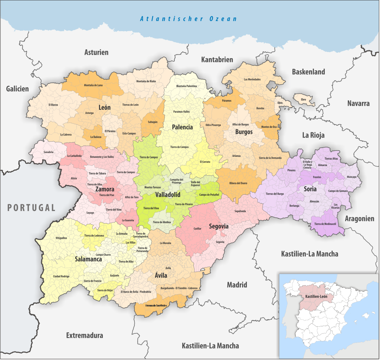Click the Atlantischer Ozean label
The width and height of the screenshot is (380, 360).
click(x=188, y=19)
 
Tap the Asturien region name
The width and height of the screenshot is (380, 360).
click(x=96, y=52)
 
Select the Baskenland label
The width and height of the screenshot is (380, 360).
click(x=308, y=72)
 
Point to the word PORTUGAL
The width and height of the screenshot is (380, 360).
click(x=32, y=208)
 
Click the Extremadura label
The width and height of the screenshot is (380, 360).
click(x=85, y=336)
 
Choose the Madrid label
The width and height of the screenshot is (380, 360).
click(x=237, y=285)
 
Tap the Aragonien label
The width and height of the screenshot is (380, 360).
click(x=360, y=218)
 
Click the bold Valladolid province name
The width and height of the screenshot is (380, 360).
click(x=168, y=195)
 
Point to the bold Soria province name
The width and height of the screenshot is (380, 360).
click(x=310, y=189)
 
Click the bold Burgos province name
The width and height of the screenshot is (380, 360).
click(x=243, y=132)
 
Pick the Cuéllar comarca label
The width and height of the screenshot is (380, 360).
click(x=197, y=229)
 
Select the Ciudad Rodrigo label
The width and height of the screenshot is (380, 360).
click(x=61, y=276)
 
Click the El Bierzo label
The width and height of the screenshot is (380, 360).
click(x=53, y=105)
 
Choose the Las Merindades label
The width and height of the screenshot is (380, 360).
click(x=252, y=79)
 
